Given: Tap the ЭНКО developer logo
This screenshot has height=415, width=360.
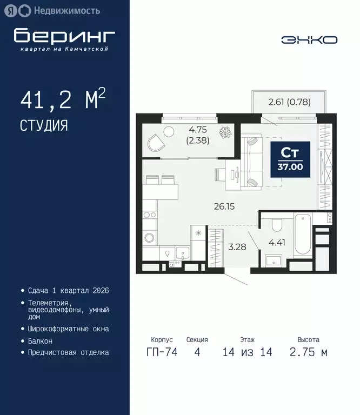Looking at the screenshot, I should [x=309, y=40].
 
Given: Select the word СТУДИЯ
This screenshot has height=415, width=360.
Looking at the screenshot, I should [x=44, y=126].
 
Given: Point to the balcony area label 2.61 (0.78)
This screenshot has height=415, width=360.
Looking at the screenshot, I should [x=290, y=101].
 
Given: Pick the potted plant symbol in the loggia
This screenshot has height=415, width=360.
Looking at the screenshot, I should [x=224, y=132].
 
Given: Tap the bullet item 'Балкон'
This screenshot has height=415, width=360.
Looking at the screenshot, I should [x=41, y=341].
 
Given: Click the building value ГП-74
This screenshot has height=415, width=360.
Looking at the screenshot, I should [x=159, y=352].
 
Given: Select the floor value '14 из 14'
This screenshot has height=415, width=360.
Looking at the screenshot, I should [x=247, y=352].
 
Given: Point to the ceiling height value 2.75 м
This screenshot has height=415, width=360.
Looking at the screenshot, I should [x=308, y=352].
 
